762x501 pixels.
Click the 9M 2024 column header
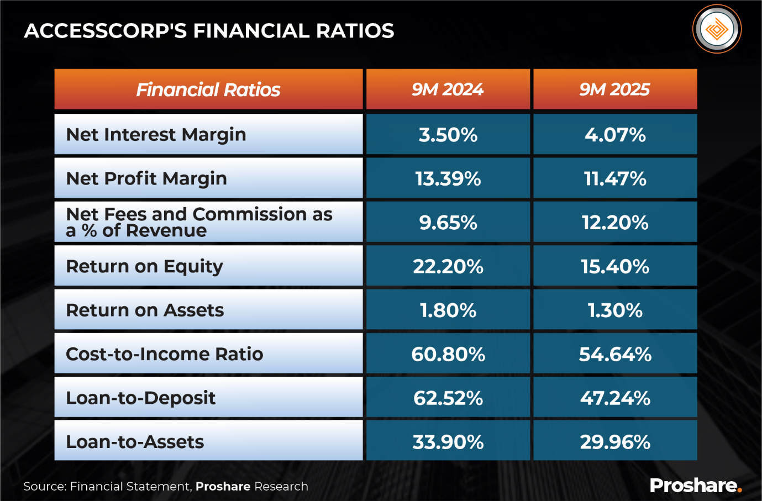pyautogui.click(x=448, y=89)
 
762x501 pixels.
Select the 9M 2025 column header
pyautogui.click(x=614, y=89)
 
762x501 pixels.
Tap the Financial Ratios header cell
pyautogui.click(x=208, y=89)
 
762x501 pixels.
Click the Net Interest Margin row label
pyautogui.click(x=156, y=134)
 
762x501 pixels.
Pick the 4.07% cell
pyautogui.click(x=615, y=134)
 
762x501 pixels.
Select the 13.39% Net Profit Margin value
pyautogui.click(x=448, y=178)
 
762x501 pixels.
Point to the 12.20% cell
pyautogui.click(x=615, y=222)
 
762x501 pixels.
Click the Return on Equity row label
pyautogui.click(x=144, y=266)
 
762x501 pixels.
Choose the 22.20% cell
pyautogui.click(x=448, y=266)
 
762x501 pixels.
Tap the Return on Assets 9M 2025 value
pyautogui.click(x=615, y=310)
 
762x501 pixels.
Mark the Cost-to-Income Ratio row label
pyautogui.click(x=164, y=354)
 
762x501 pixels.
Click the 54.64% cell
pyautogui.click(x=615, y=354)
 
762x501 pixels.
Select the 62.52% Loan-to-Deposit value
pyautogui.click(x=448, y=398)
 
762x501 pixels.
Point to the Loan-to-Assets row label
pyautogui.click(x=135, y=441)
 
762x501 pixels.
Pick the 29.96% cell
pyautogui.click(x=615, y=441)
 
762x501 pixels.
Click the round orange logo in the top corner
pyautogui.click(x=717, y=29)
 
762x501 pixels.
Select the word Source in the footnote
pyautogui.click(x=44, y=486)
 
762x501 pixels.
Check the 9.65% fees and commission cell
pyautogui.click(x=448, y=222)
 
